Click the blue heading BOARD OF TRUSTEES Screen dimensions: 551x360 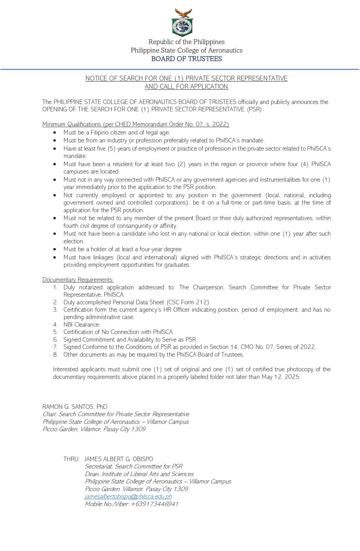[x=186, y=59]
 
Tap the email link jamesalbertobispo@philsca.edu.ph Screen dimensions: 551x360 [x=128, y=496]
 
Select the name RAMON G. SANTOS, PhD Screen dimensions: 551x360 [x=75, y=407]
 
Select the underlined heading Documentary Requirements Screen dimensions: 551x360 [x=78, y=280]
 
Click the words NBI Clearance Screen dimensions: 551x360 [x=82, y=325]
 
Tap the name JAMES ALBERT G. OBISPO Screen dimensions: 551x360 [x=119, y=459]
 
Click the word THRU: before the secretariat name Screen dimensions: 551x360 [x=71, y=459]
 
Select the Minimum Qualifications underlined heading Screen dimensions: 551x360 [x=136, y=124]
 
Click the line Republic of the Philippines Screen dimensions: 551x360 [x=186, y=42]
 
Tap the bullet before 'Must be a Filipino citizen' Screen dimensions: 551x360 [x=55, y=133]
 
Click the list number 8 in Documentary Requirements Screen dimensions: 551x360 [x=55, y=355]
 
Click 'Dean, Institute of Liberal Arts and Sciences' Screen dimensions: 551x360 [x=139, y=474]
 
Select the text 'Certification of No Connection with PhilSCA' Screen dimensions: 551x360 [x=118, y=332]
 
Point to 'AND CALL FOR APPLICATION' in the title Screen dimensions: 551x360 [x=186, y=86]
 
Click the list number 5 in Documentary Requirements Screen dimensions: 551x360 [x=55, y=332]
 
